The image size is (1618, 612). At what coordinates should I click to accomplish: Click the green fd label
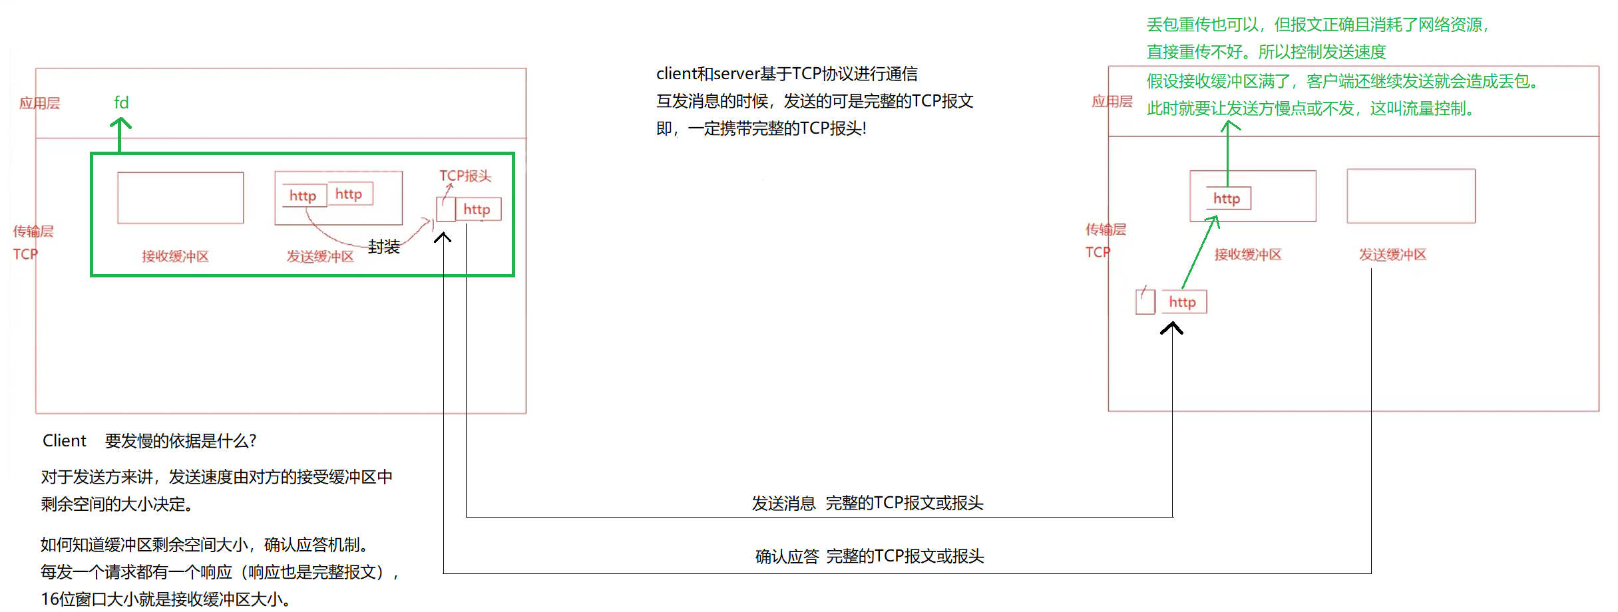[x=121, y=102]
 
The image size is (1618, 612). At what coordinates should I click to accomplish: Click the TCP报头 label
[x=465, y=176]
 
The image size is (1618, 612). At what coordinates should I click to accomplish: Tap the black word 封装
[x=384, y=247]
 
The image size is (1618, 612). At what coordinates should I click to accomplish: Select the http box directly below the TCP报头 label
[x=477, y=210]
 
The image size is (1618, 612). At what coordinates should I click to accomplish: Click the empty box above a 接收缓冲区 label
[x=180, y=198]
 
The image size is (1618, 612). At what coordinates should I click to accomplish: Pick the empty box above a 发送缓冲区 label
[x=1410, y=196]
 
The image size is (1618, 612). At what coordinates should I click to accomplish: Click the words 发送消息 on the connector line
[x=783, y=504]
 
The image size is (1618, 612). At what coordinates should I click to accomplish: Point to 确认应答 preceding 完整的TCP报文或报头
[x=787, y=557]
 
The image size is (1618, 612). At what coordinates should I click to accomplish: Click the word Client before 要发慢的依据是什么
[x=65, y=441]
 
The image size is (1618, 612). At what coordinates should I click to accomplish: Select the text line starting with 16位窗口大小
[x=166, y=599]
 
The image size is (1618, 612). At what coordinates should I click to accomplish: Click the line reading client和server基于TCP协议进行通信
[x=787, y=74]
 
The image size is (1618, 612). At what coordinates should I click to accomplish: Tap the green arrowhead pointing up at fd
[x=120, y=123]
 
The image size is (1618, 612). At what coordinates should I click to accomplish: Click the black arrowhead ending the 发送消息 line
[x=1171, y=327]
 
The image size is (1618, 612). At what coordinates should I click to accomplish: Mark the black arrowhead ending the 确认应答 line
[x=443, y=237]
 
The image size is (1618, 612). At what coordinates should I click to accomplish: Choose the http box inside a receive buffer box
[x=1227, y=198]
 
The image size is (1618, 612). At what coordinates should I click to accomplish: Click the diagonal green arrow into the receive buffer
[x=1200, y=252]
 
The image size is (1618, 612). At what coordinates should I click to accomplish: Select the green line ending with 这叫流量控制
[x=1311, y=108]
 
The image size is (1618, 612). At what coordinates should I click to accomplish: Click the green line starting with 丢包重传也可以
[x=1318, y=25]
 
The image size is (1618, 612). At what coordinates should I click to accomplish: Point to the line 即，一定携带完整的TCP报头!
[x=761, y=128]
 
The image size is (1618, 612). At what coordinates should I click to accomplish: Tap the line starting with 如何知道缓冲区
[x=204, y=545]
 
